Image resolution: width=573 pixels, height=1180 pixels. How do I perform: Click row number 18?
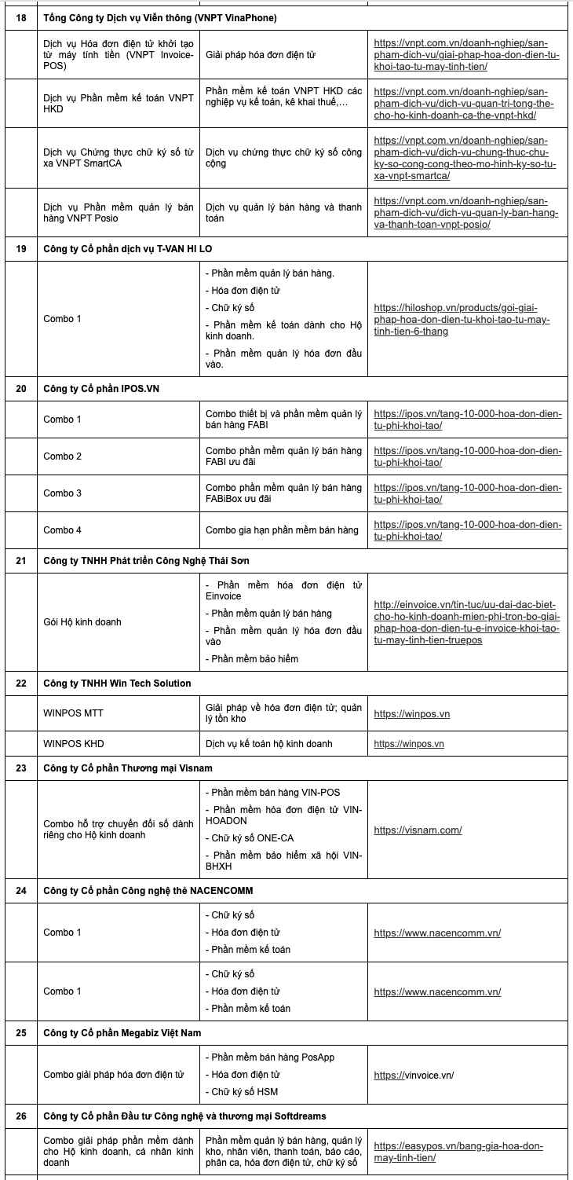pos(21,17)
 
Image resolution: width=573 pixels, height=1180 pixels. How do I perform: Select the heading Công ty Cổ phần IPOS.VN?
pos(101,389)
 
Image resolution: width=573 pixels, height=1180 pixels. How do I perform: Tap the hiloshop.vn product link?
pos(462,319)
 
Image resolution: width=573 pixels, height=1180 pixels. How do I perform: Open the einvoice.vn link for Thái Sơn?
pos(466,622)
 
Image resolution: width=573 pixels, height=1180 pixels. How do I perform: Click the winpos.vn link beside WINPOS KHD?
pos(409,743)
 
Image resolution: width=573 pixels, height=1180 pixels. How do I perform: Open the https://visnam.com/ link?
pos(418,830)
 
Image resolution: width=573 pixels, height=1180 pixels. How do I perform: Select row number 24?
pos(21,890)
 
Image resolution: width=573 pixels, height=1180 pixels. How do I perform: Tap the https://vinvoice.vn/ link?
pos(414,1076)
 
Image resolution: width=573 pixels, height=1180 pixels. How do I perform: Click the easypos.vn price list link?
pos(458,1152)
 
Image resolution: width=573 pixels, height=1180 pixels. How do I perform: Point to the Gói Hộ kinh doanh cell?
pos(82,622)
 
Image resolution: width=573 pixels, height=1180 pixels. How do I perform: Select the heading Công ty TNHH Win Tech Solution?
pos(117,683)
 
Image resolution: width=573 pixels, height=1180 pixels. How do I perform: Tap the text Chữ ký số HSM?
pos(244,1091)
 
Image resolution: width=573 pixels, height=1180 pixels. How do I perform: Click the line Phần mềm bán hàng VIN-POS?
pos(276,793)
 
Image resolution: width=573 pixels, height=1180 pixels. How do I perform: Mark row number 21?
pos(21,561)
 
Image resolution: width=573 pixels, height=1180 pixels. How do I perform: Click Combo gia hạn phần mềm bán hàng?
pos(282,530)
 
